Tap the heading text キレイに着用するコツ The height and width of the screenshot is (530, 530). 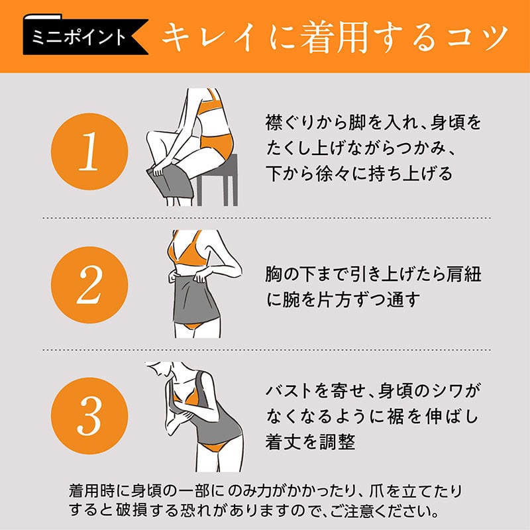[x=335, y=37]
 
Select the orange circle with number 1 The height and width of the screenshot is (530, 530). [x=89, y=152]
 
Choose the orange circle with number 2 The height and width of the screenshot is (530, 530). [x=89, y=285]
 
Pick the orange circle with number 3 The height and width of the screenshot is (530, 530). [x=89, y=416]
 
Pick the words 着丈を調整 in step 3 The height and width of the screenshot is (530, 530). [x=310, y=441]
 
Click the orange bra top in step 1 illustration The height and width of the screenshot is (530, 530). [x=209, y=108]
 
